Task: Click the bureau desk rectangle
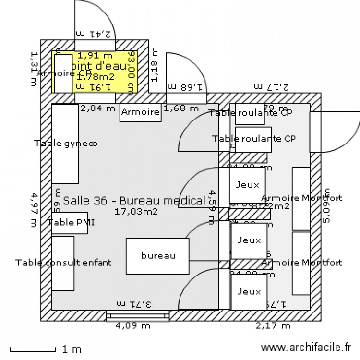158,256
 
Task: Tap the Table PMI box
70,222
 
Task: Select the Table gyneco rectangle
65,144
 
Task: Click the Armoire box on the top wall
140,112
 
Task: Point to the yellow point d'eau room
95,72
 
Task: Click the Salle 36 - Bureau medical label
134,200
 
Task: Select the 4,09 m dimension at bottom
133,326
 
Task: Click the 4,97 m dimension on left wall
34,209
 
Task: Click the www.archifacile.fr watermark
305,347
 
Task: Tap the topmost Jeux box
247,184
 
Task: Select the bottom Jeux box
249,291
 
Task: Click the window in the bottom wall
138,315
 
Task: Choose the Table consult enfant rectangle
63,263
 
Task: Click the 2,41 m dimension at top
94,34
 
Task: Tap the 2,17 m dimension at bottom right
273,326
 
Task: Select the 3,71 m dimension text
134,304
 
